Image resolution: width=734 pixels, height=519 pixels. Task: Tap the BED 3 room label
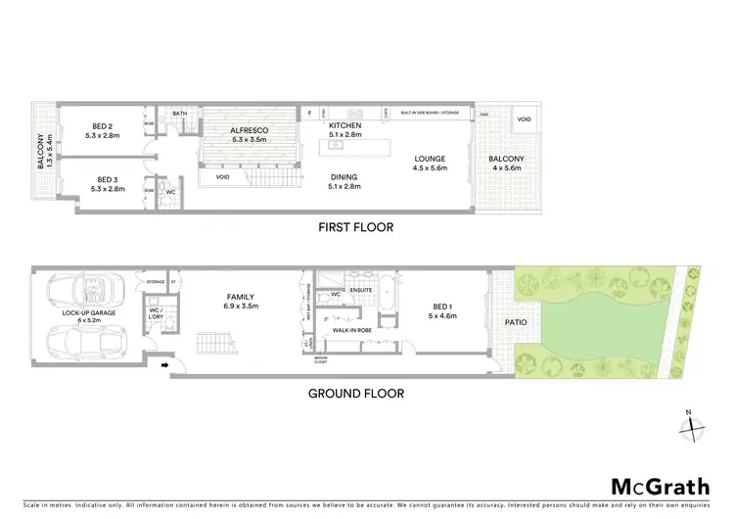coord(108,180)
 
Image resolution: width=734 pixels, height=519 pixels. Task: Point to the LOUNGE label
coord(430,159)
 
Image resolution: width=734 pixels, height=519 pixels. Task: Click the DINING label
coord(345,176)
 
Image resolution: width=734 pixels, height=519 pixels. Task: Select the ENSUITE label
coord(363,290)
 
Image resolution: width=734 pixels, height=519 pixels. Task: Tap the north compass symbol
coord(692,423)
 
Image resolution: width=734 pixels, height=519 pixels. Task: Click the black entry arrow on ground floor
coord(163,367)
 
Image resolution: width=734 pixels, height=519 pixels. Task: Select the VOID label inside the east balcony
coord(524,119)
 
